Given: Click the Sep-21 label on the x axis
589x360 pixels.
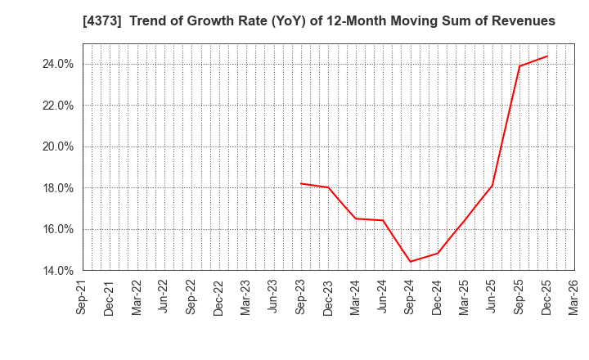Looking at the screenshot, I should tap(82, 298).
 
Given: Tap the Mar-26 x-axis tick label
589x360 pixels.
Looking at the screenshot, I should tap(574, 298).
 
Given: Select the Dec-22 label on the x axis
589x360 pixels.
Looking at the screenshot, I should tap(218, 298).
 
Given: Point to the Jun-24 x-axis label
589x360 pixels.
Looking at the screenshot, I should tap(383, 298).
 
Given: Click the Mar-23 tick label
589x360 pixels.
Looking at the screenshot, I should tap(246, 298).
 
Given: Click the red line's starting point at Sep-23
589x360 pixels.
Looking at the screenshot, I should tap(301, 183).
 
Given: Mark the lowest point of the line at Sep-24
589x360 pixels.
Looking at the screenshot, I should tap(410, 262).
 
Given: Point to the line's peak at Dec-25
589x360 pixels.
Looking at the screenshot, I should tap(547, 56).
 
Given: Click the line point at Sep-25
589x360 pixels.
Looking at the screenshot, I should tap(519, 66).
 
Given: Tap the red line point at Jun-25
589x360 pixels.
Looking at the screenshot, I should tap(492, 185).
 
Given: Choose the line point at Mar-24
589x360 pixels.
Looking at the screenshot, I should tap(356, 218).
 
